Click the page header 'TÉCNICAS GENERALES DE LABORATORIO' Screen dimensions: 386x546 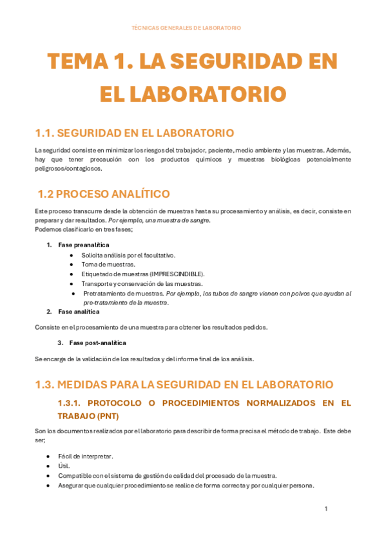[186, 28]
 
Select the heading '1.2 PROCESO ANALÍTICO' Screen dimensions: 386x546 [104, 193]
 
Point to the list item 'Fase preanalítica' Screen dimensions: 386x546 [83, 245]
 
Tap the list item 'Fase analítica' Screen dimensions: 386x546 [79, 312]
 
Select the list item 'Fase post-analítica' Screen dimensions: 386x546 [97, 343]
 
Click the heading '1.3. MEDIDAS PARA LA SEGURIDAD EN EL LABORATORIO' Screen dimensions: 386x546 [184, 384]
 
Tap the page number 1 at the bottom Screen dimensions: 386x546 [326, 509]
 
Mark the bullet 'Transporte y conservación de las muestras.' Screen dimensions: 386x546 [142, 284]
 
